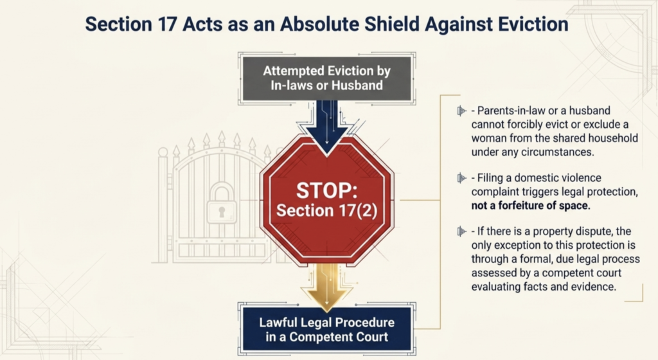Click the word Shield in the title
[391, 24]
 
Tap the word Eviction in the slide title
[533, 24]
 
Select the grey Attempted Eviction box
[327, 78]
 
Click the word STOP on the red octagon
[326, 190]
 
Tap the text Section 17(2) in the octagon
[327, 210]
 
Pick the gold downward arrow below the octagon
[326, 286]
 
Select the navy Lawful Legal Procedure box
[327, 329]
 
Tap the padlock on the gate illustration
[222, 204]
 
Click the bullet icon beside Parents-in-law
[461, 111]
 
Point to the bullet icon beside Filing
[461, 178]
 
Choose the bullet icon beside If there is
[461, 231]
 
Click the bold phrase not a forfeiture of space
[531, 206]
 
